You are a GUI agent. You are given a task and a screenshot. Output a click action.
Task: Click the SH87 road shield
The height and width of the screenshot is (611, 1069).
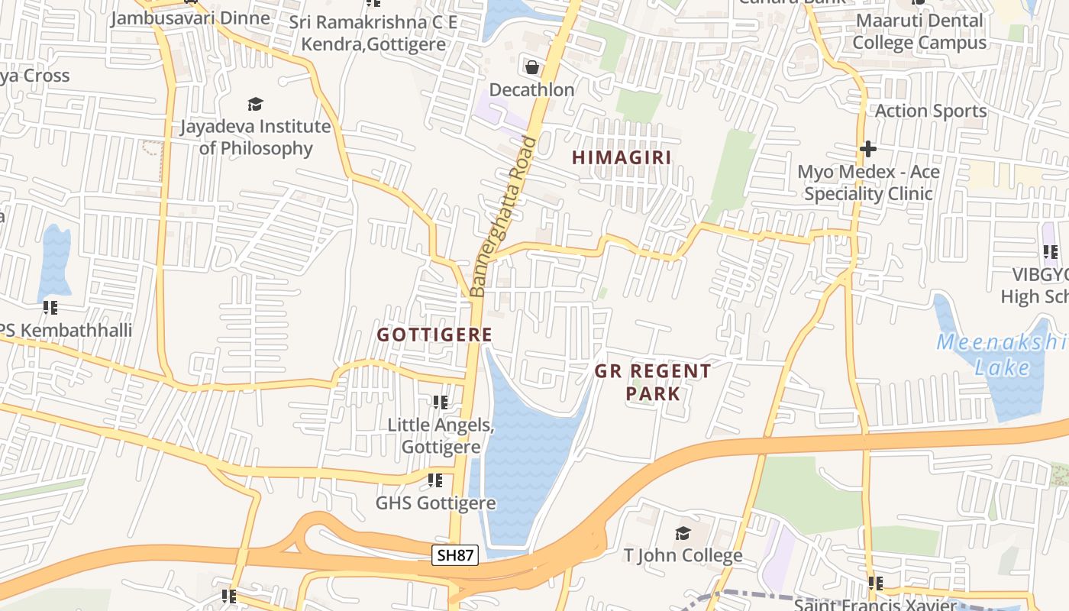tap(455, 555)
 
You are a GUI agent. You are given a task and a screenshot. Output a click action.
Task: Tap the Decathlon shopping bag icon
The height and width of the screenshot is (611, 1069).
tap(531, 66)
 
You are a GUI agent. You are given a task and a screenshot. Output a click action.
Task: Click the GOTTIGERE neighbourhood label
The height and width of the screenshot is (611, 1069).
tap(434, 335)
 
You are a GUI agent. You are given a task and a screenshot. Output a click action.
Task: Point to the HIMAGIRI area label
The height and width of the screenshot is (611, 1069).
tap(622, 157)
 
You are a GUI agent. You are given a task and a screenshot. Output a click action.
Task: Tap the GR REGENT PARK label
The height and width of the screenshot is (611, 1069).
tap(653, 382)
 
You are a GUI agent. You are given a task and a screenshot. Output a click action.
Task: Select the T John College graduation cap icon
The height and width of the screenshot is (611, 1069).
tap(683, 532)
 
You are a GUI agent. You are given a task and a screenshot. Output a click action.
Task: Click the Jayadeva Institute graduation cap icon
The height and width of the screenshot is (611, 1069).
tap(255, 103)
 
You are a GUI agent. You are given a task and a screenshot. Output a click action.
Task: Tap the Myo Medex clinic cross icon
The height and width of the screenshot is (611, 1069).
tap(867, 148)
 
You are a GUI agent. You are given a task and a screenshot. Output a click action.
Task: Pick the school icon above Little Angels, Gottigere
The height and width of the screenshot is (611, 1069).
tap(440, 402)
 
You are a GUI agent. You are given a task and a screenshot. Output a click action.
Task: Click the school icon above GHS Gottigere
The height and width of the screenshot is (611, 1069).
tap(434, 480)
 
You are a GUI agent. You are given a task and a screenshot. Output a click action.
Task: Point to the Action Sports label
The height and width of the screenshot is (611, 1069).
tap(930, 111)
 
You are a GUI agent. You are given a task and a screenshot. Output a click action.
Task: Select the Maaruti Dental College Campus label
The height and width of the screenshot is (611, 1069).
tap(919, 31)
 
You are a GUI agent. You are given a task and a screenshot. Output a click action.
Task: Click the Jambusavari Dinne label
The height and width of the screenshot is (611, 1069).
tap(190, 18)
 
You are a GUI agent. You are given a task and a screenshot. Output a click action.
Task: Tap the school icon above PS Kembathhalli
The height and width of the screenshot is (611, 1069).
tap(50, 308)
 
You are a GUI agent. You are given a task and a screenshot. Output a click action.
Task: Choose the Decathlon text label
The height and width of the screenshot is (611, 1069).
tap(531, 89)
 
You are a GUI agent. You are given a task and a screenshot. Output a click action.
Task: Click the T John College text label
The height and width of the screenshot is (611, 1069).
tap(683, 555)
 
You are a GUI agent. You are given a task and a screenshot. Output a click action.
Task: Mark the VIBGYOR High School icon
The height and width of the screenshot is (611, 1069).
tap(1050, 251)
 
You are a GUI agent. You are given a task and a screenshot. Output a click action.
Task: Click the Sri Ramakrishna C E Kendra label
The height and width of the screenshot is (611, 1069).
tap(373, 33)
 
